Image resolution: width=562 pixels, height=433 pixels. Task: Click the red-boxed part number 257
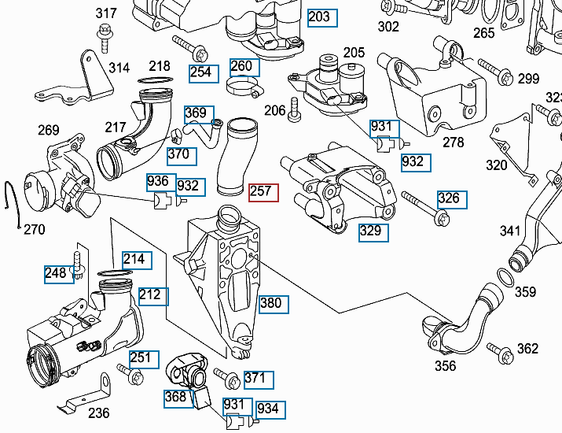(263, 191)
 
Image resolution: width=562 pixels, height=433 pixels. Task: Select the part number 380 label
(274, 304)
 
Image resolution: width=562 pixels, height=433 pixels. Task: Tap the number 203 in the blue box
(322, 17)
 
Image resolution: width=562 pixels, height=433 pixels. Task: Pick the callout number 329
(373, 231)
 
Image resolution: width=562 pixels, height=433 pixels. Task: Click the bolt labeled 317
(103, 32)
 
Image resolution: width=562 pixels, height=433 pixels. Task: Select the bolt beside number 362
(497, 349)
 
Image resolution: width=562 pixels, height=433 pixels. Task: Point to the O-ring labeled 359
(507, 276)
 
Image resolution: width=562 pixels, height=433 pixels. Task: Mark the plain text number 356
(445, 365)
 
